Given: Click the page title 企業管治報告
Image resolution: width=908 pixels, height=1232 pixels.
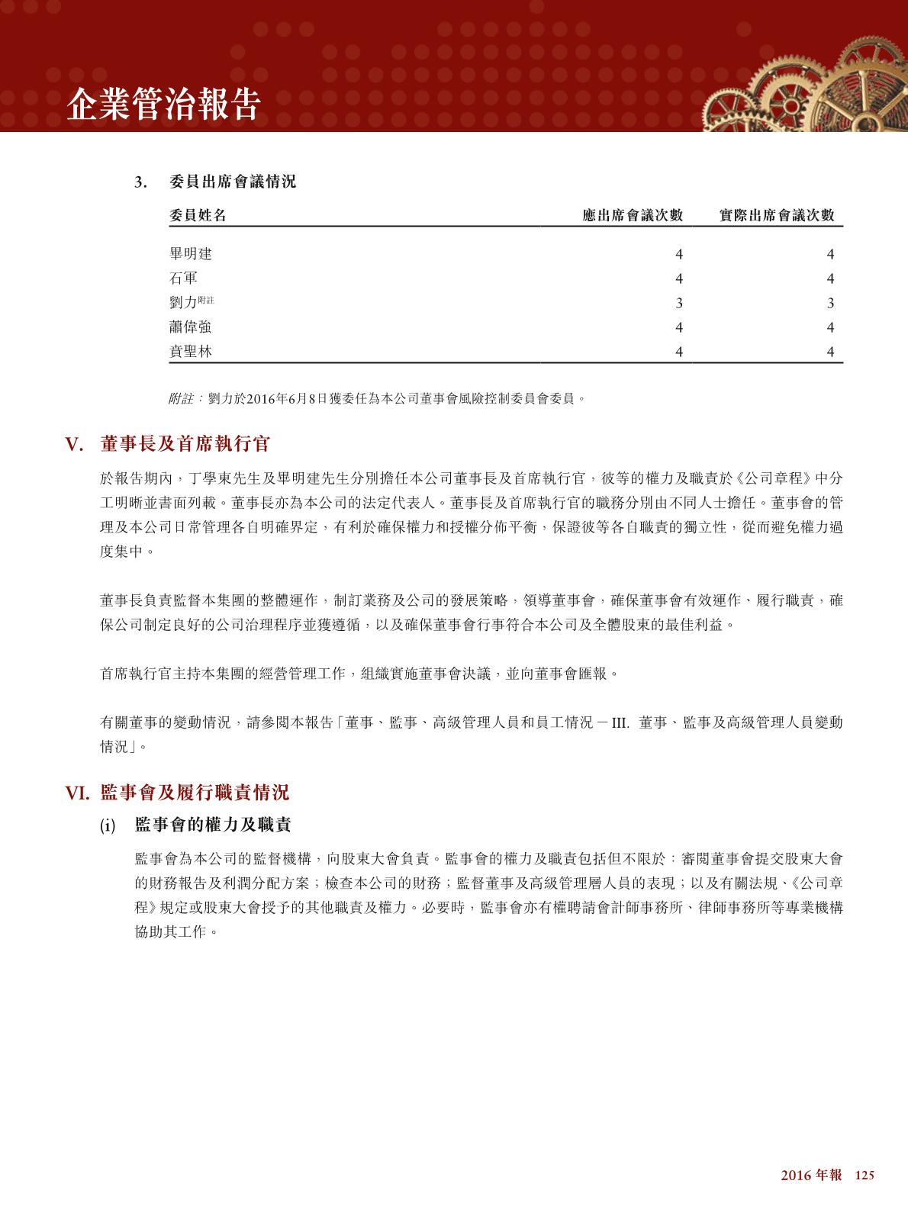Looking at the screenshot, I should (x=164, y=105).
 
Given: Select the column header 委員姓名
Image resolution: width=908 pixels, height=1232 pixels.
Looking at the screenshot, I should (x=198, y=215).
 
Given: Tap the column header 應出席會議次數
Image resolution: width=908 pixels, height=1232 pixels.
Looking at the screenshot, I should (x=632, y=215).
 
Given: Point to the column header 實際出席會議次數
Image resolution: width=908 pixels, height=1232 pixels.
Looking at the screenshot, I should (x=777, y=215).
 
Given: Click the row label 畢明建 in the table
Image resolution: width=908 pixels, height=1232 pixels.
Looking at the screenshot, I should (x=191, y=254).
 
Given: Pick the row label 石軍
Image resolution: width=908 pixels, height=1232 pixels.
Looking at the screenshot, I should (x=183, y=278).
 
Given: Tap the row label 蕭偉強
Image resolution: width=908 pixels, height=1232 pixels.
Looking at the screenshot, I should (x=191, y=327).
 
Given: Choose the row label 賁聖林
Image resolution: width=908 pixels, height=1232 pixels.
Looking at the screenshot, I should (x=191, y=352).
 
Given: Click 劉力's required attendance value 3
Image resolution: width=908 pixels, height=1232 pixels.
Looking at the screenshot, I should (x=679, y=303).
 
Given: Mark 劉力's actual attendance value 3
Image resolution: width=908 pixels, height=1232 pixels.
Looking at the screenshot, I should (x=831, y=303).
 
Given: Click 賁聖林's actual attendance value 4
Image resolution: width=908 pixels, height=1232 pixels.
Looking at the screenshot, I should (x=831, y=352).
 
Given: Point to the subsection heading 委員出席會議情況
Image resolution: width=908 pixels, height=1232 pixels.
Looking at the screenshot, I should (x=233, y=182).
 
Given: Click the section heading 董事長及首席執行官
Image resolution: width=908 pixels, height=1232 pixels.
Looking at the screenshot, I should (x=185, y=444).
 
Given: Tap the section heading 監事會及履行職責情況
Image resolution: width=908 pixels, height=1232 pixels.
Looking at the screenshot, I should (x=195, y=793).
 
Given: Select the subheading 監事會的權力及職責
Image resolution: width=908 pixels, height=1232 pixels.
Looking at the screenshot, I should (x=213, y=825).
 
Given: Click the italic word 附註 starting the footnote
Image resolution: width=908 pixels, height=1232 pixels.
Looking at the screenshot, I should (x=182, y=398).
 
